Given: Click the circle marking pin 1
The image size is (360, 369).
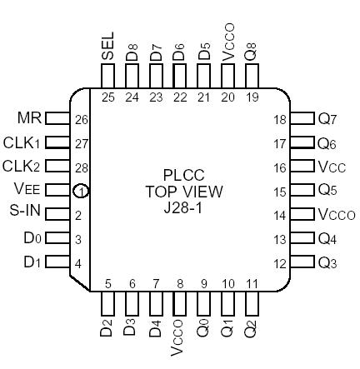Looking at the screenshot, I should coord(81,191).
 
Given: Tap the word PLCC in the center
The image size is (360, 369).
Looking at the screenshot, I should coord(181,176).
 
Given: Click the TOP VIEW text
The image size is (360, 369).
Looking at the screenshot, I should coord(181,192).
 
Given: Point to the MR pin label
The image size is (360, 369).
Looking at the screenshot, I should coord(29,118).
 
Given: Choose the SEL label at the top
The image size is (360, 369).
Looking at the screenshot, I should coord(108,47).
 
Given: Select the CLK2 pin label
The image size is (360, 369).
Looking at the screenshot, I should coord(22,166).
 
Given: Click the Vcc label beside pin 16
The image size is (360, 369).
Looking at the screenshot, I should coord(331,167).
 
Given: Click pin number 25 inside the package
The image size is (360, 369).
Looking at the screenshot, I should coord(108,97).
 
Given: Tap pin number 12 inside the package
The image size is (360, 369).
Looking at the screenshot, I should coord(280,264).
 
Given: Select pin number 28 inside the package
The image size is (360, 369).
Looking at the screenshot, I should coord(81,167).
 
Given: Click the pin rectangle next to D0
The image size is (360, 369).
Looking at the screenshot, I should coord(57,238).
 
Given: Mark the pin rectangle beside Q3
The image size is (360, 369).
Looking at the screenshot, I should coord(302,263).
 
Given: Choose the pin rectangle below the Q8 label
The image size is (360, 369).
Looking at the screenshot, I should coord(252,76).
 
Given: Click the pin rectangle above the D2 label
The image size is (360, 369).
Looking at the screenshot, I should coord(108,306).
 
